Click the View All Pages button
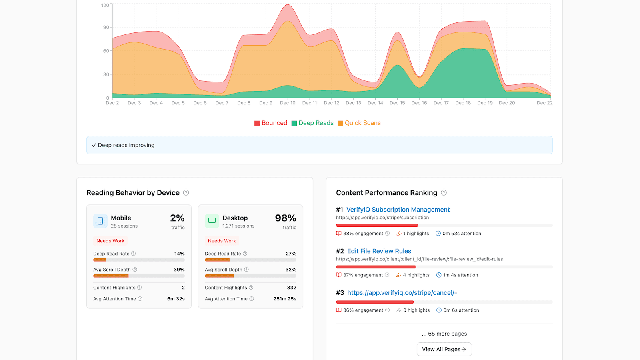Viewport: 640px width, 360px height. (444, 349)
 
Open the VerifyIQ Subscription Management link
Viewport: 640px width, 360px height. (398, 210)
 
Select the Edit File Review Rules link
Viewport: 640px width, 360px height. (379, 251)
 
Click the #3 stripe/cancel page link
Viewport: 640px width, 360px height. (402, 293)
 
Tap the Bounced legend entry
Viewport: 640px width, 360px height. (271, 123)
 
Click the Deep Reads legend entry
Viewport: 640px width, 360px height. (312, 123)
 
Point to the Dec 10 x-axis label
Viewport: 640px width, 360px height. (288, 103)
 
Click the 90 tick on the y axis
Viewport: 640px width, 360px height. (106, 27)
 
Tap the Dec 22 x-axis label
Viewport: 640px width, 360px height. (544, 103)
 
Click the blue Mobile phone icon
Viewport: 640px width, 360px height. (100, 221)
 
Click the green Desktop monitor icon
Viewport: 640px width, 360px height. (212, 221)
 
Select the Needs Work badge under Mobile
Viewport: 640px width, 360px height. (110, 241)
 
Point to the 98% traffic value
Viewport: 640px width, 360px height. (285, 218)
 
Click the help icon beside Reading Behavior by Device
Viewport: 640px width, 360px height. (186, 193)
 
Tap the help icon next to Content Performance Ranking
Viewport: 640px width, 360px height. (444, 193)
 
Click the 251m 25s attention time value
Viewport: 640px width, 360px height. (285, 299)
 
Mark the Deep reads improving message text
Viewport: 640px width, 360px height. (126, 145)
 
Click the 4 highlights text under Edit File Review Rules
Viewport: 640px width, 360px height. (416, 275)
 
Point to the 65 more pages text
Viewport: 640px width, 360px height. (444, 334)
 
